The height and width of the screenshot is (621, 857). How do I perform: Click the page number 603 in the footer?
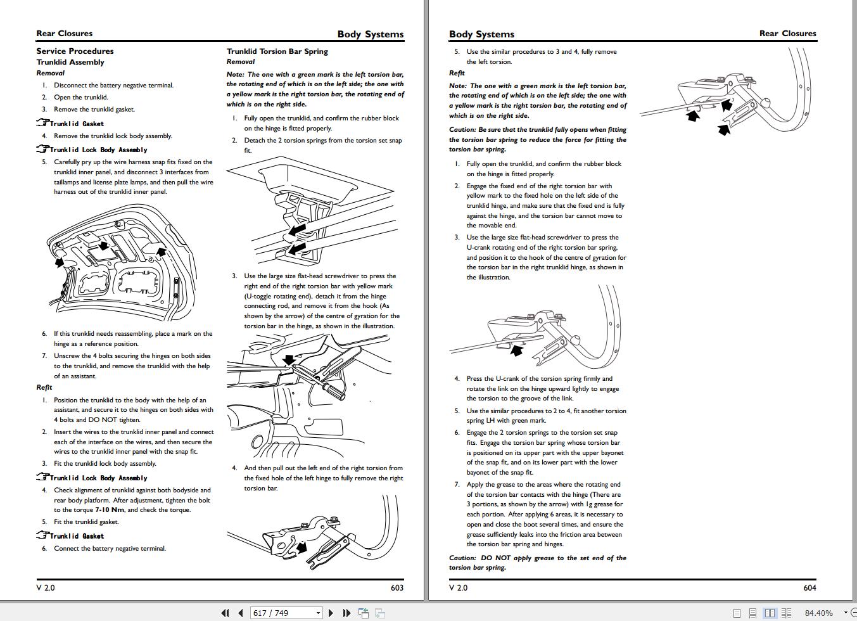pyautogui.click(x=397, y=587)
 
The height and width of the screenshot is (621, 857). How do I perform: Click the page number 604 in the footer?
pyautogui.click(x=809, y=587)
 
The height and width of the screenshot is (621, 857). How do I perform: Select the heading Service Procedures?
pyautogui.click(x=75, y=51)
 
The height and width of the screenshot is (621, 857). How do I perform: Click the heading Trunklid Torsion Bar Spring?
pyautogui.click(x=277, y=51)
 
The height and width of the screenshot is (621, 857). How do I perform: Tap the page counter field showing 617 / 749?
pyautogui.click(x=286, y=613)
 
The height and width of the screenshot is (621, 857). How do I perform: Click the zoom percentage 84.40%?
pyautogui.click(x=818, y=613)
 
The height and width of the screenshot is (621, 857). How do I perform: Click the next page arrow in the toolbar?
pyautogui.click(x=331, y=613)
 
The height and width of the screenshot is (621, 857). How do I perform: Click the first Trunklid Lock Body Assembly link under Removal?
pyautogui.click(x=98, y=150)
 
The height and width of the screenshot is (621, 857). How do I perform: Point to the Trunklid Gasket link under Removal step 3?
pyautogui.click(x=77, y=124)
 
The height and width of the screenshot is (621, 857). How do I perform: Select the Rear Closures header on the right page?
pyautogui.click(x=787, y=34)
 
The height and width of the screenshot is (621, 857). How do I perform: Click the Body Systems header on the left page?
pyautogui.click(x=370, y=34)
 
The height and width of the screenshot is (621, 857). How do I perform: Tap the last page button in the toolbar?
pyautogui.click(x=346, y=613)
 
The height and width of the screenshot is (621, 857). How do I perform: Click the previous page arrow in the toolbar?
pyautogui.click(x=241, y=613)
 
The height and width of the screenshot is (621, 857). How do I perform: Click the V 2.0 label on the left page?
pyautogui.click(x=46, y=587)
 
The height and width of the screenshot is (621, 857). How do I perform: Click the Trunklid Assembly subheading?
pyautogui.click(x=70, y=62)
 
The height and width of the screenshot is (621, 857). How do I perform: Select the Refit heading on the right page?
pyautogui.click(x=457, y=73)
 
